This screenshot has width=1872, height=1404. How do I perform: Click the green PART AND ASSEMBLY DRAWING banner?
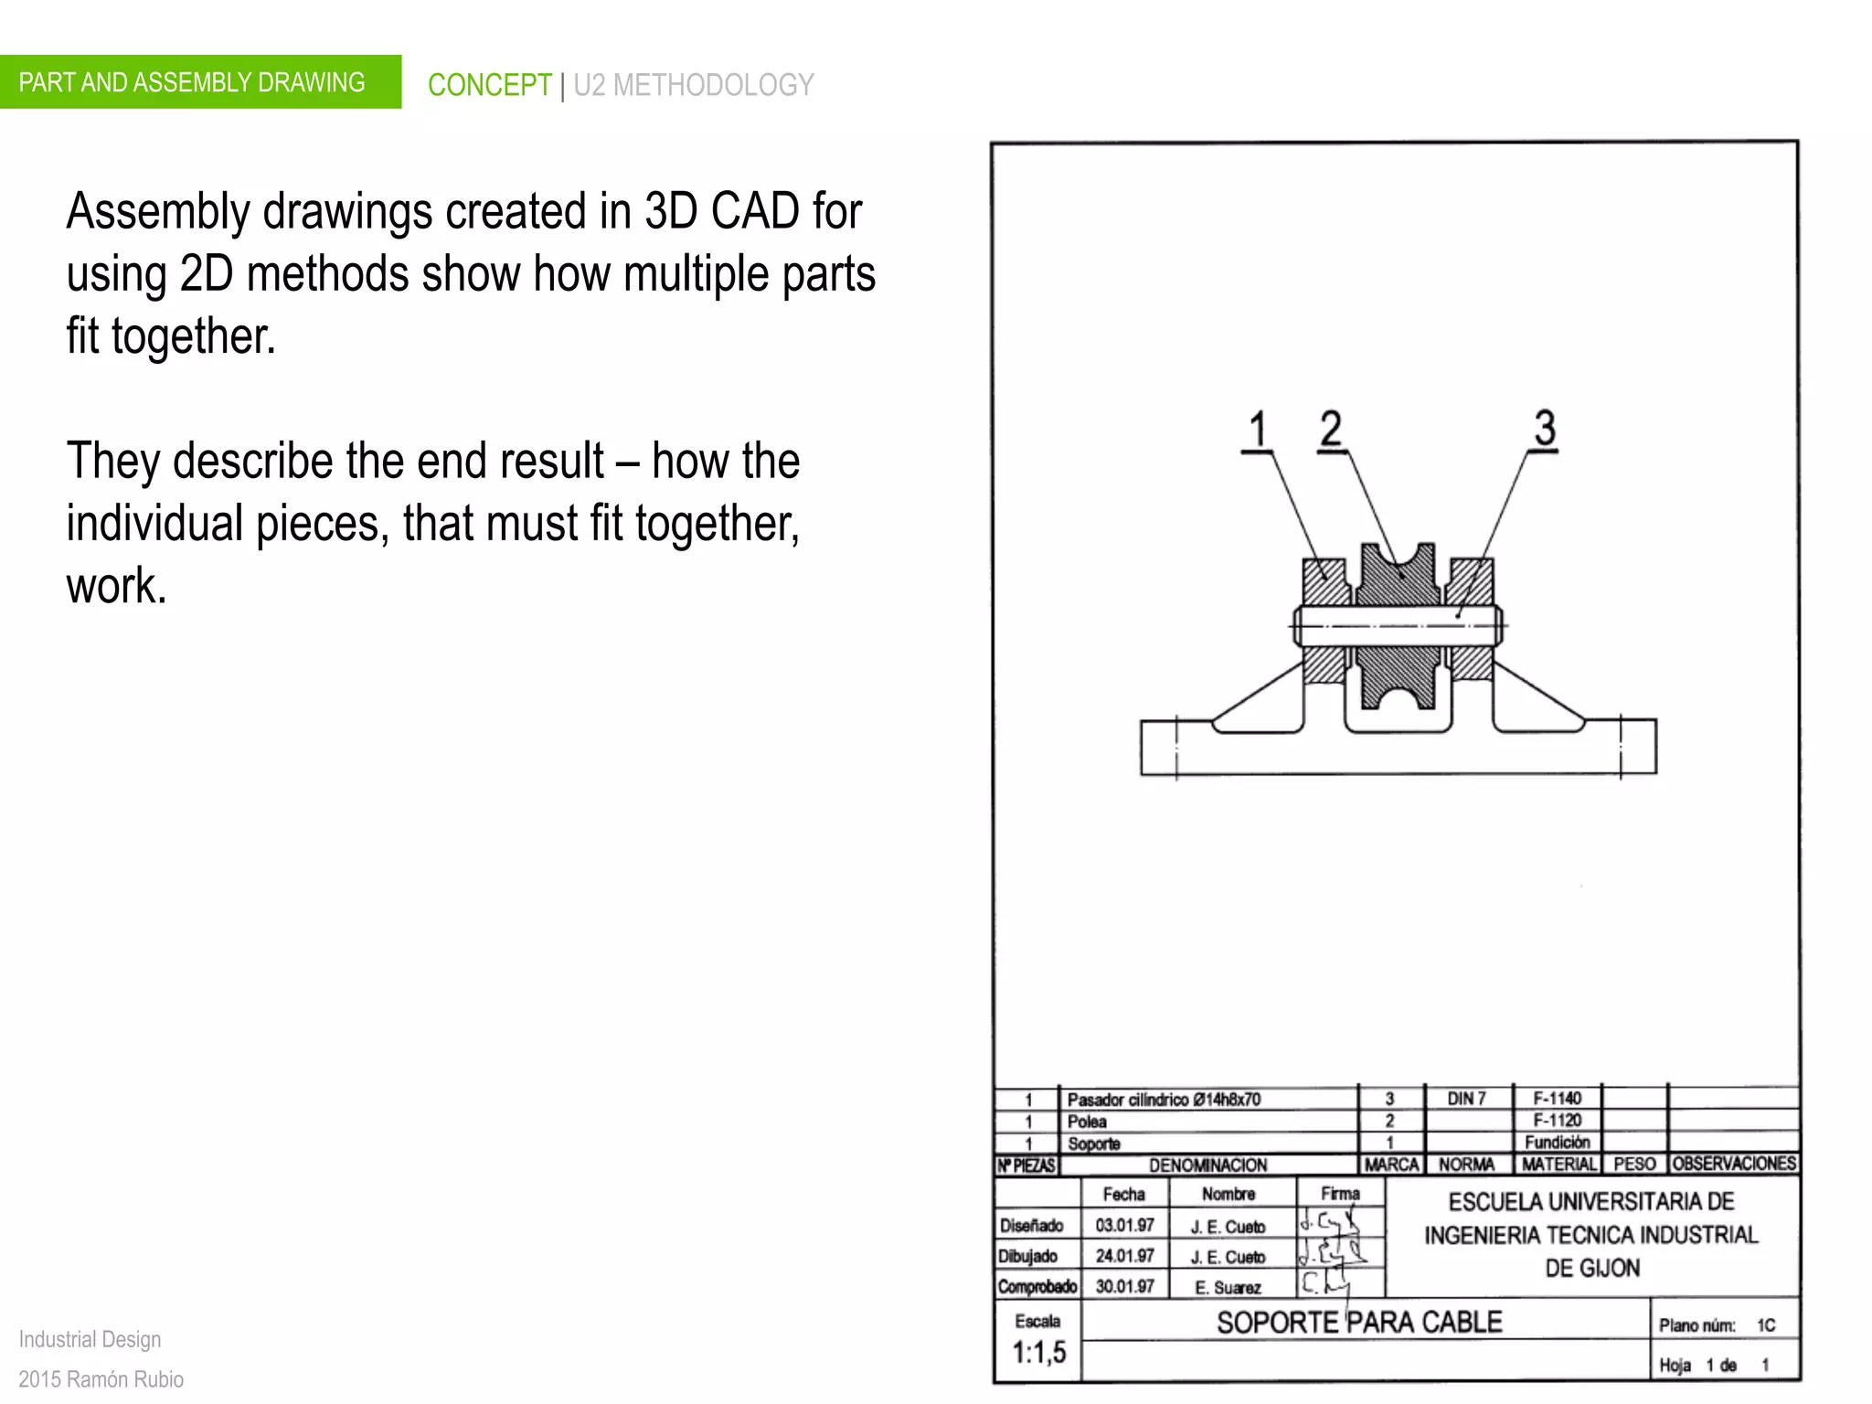(192, 82)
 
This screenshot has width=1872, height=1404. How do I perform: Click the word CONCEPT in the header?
(489, 85)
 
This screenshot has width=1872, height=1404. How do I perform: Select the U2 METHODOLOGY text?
(693, 85)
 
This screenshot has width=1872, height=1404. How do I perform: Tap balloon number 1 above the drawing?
(1258, 430)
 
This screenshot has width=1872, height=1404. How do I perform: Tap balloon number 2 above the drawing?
(1331, 429)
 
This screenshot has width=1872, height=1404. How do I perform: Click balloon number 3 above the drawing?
(1544, 428)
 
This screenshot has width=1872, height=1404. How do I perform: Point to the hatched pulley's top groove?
(1397, 558)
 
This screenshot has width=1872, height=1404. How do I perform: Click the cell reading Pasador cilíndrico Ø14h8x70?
(1164, 1100)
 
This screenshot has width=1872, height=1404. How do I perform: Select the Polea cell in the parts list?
(1087, 1122)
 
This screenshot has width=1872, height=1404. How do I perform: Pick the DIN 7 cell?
(1466, 1099)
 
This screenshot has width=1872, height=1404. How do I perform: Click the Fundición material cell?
(1557, 1143)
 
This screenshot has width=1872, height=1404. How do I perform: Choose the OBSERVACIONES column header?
(1734, 1164)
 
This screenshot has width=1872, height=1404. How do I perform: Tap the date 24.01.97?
(1124, 1256)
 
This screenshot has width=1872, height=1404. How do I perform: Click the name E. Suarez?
(1228, 1288)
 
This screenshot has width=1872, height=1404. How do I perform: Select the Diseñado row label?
(1031, 1226)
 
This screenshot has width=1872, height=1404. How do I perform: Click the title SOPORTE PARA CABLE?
(1359, 1323)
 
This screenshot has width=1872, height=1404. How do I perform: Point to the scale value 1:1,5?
(1038, 1353)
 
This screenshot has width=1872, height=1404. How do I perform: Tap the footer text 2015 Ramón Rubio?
(101, 1379)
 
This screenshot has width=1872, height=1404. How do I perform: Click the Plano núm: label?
(1696, 1325)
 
